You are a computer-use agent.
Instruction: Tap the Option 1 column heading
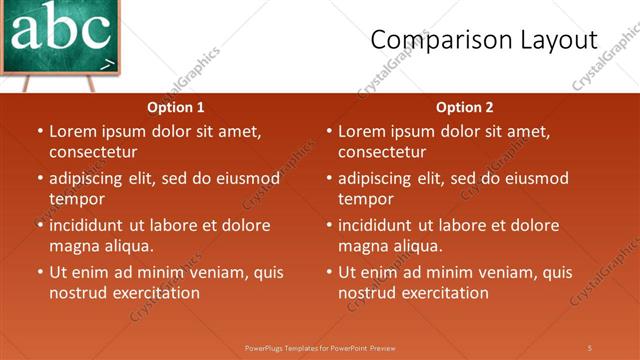(x=176, y=107)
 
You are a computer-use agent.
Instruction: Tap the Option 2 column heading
(x=465, y=107)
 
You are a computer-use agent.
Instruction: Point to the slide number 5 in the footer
(x=590, y=348)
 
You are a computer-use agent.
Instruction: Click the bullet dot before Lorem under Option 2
(x=329, y=132)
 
